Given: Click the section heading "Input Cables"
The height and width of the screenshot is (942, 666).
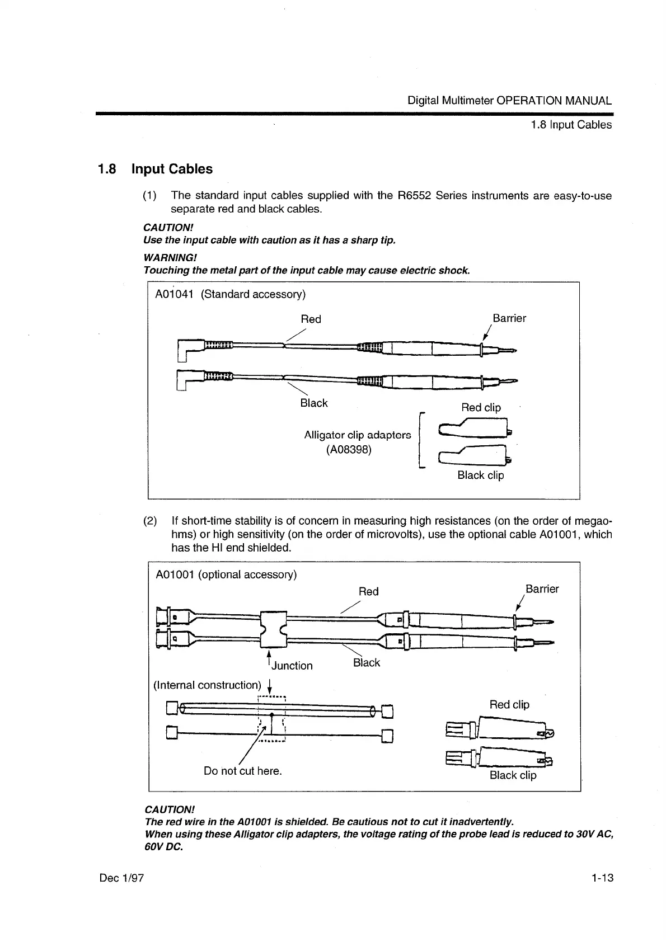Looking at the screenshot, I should pyautogui.click(x=172, y=169).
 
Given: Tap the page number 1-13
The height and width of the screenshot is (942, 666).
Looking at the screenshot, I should pyautogui.click(x=602, y=878).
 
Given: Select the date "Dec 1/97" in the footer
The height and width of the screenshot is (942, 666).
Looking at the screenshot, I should pyautogui.click(x=121, y=878).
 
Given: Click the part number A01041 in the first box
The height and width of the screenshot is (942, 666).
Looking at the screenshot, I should pyautogui.click(x=173, y=294).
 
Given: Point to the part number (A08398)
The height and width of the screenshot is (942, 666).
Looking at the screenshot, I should pyautogui.click(x=349, y=449).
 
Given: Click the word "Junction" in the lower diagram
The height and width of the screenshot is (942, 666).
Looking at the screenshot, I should pyautogui.click(x=292, y=666).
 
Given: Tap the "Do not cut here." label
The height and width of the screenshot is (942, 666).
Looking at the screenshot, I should pyautogui.click(x=243, y=771).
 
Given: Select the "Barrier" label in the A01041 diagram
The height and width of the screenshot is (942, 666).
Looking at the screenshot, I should pyautogui.click(x=509, y=318).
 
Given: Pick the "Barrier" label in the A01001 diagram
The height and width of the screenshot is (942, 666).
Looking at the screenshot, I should pyautogui.click(x=542, y=589).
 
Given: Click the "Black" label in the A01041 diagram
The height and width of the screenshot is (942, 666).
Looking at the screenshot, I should pyautogui.click(x=314, y=403).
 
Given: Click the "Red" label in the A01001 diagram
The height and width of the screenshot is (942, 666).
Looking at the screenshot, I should pyautogui.click(x=368, y=591).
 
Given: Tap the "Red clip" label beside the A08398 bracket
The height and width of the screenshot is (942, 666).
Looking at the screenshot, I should pyautogui.click(x=481, y=407).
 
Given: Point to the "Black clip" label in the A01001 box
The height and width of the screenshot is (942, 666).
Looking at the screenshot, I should pyautogui.click(x=513, y=775).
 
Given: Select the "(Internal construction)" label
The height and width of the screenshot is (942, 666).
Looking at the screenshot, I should pyautogui.click(x=207, y=685).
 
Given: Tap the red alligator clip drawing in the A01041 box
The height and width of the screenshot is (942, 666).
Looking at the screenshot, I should pyautogui.click(x=476, y=429).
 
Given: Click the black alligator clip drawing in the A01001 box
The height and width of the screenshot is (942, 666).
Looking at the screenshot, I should pyautogui.click(x=498, y=758).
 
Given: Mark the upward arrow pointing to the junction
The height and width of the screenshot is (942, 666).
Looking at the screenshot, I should pyautogui.click(x=269, y=658).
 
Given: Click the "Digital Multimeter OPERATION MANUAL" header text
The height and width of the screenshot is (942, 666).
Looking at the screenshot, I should pyautogui.click(x=509, y=101).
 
